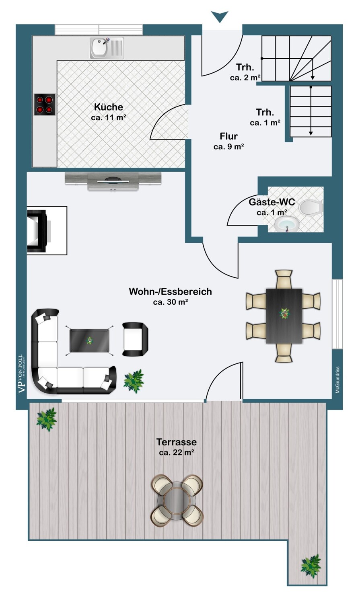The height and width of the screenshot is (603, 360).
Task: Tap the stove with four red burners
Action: click(x=45, y=105)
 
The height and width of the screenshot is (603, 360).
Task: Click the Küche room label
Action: click(x=109, y=107)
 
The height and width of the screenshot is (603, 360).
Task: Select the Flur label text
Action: click(x=228, y=136)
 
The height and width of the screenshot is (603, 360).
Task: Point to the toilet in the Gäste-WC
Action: click(x=311, y=207)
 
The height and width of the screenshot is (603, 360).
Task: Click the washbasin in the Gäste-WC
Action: click(x=287, y=225)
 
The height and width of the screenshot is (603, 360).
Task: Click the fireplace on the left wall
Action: click(x=39, y=231)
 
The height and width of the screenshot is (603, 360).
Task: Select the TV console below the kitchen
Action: click(x=113, y=180)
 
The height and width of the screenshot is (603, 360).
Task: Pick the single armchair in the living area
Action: click(x=135, y=339)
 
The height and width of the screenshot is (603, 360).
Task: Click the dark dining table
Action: click(x=284, y=316)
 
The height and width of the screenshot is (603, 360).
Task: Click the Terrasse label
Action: click(x=177, y=442)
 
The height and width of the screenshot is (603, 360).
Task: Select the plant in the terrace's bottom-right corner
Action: click(x=311, y=566)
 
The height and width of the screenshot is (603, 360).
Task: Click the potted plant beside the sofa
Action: click(x=134, y=380)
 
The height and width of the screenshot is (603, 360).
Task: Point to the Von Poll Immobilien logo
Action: click(x=21, y=373)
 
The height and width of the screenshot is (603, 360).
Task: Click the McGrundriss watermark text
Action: click(x=337, y=380)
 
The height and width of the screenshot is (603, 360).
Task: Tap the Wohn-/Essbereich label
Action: click(x=170, y=292)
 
